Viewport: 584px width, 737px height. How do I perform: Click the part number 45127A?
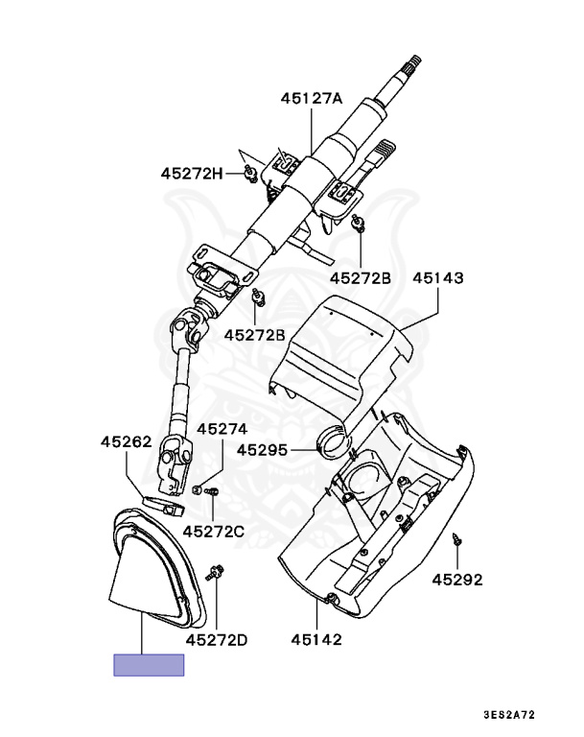coord(312,98)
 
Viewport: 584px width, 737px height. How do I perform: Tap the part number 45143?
coord(438,279)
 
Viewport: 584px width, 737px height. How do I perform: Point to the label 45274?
coord(222,429)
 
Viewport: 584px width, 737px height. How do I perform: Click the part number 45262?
coord(126,442)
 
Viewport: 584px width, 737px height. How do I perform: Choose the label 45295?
coord(263,448)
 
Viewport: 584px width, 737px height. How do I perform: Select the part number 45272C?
coord(214,531)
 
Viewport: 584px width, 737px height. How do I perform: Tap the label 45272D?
coord(217,639)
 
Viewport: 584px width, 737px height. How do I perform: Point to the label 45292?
coord(456,580)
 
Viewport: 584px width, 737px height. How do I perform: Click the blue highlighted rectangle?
coord(149,665)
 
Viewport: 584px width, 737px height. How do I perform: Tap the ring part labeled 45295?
coord(335,443)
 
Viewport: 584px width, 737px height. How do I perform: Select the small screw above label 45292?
coord(457,540)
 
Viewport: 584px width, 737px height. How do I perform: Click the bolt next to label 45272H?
coord(248,173)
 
